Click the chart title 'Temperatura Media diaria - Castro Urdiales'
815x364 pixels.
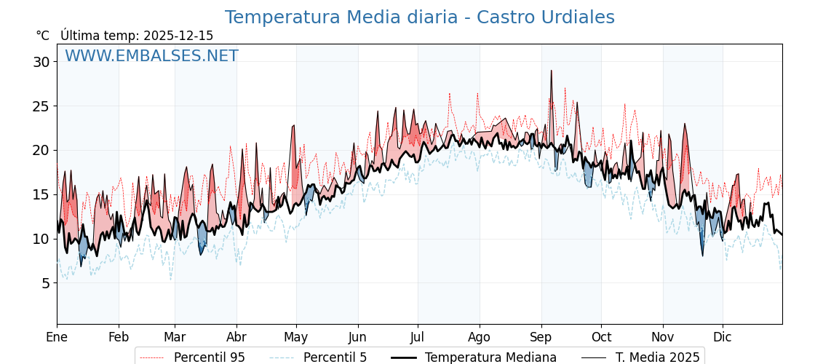(419, 17)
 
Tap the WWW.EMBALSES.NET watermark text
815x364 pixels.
(151, 56)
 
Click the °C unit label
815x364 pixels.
(43, 36)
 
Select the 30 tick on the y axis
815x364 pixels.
(41, 62)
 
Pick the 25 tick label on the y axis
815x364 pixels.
(41, 106)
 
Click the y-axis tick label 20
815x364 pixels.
(41, 151)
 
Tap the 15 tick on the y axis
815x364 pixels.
(41, 194)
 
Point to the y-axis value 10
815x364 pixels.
(41, 239)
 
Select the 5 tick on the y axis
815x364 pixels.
(45, 283)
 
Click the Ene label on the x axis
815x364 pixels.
(57, 337)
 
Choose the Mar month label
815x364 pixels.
(175, 337)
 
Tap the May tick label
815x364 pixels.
(296, 337)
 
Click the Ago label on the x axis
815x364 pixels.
(480, 337)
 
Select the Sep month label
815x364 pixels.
(541, 337)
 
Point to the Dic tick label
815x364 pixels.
(723, 337)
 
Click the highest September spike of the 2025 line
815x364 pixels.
(551, 71)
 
